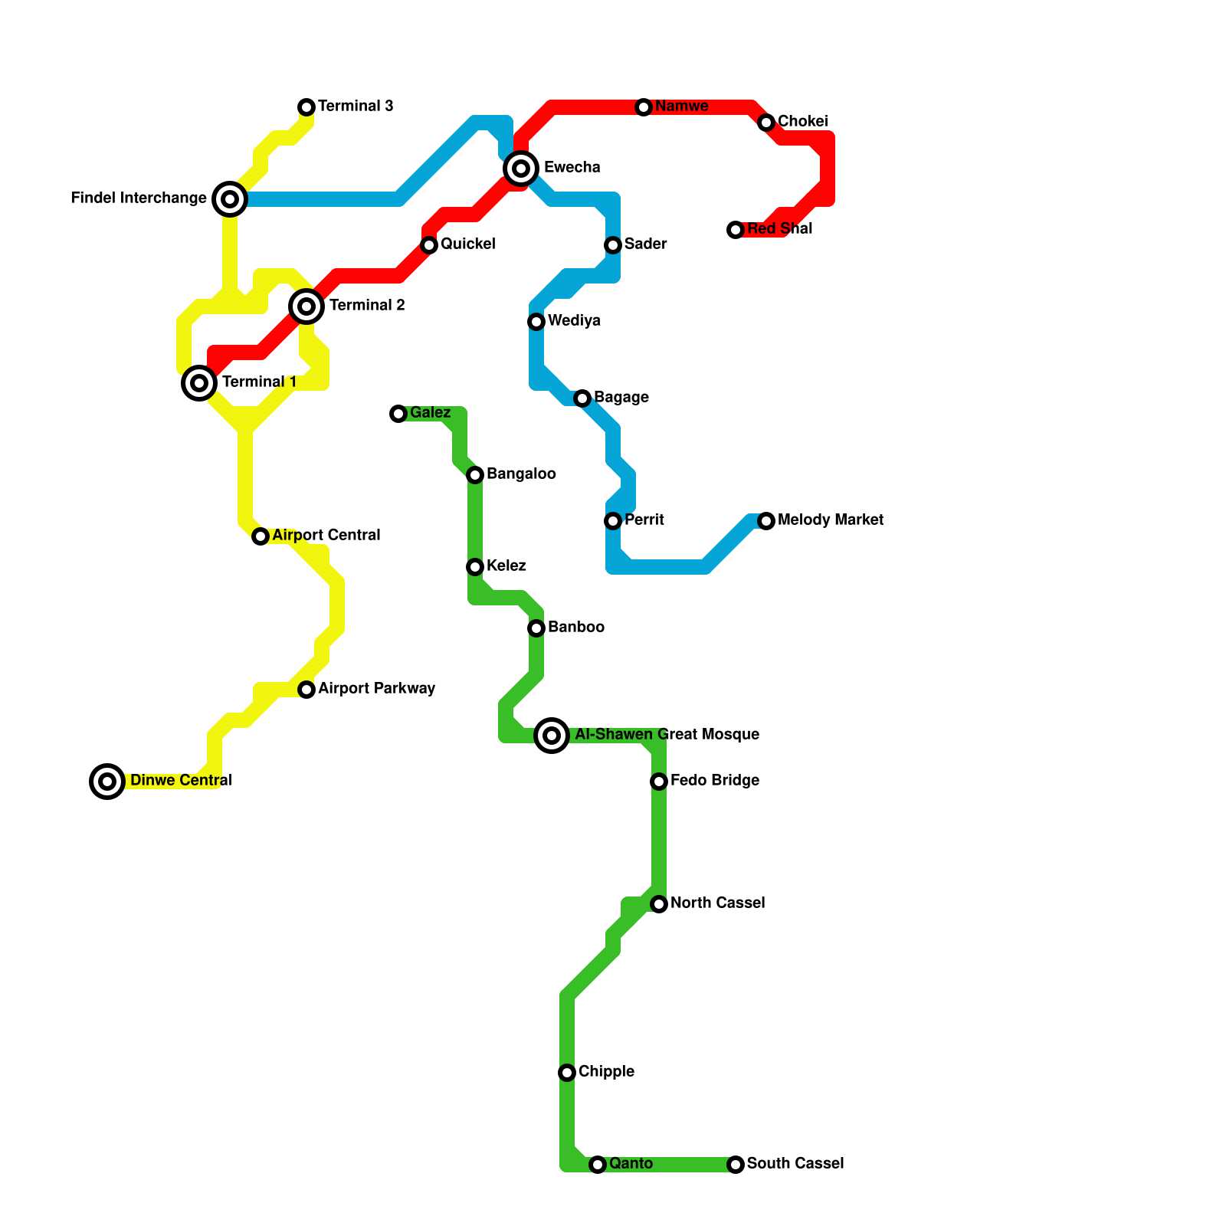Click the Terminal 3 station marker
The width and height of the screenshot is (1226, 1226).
306,107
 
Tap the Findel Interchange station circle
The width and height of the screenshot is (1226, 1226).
230,199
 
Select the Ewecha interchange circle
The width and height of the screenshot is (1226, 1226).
521,168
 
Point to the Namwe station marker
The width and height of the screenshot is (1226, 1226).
644,107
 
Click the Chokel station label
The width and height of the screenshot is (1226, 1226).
802,122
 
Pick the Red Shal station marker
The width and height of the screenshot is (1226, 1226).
736,230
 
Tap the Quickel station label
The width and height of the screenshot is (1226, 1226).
467,244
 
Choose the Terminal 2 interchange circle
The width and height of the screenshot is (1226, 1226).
306,306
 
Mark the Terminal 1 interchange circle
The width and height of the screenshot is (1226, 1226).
199,382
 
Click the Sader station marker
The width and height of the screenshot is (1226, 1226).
613,245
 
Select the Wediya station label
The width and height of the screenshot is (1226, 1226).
574,321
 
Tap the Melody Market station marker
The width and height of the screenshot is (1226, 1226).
766,521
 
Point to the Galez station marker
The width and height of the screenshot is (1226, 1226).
398,414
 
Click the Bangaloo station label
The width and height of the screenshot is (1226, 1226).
521,474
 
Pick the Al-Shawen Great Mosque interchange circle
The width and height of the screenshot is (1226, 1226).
552,736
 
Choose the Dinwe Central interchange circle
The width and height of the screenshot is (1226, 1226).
107,782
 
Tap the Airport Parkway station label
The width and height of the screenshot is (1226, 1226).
376,689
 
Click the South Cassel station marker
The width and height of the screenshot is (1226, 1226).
736,1165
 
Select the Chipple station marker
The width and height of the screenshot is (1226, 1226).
567,1073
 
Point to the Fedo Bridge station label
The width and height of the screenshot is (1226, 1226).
714,781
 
